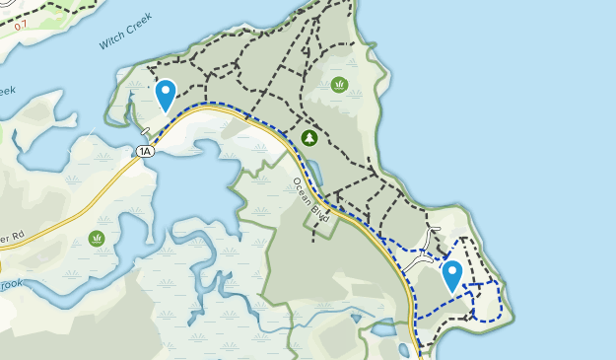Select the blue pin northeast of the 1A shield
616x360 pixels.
pos(166,95)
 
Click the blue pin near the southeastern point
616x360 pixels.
pos(452,275)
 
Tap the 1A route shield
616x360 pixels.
pos(145,151)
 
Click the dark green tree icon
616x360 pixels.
pos(308,138)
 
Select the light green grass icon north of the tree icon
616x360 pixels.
pos(339,85)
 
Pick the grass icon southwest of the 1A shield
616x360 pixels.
pos(97,238)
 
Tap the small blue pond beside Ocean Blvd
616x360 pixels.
pos(315,175)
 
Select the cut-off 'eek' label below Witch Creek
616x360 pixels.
pos(7,91)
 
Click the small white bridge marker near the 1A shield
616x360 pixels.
pos(145,132)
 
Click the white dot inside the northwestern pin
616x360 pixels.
pos(166,92)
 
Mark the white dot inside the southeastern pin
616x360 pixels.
pos(452,271)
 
